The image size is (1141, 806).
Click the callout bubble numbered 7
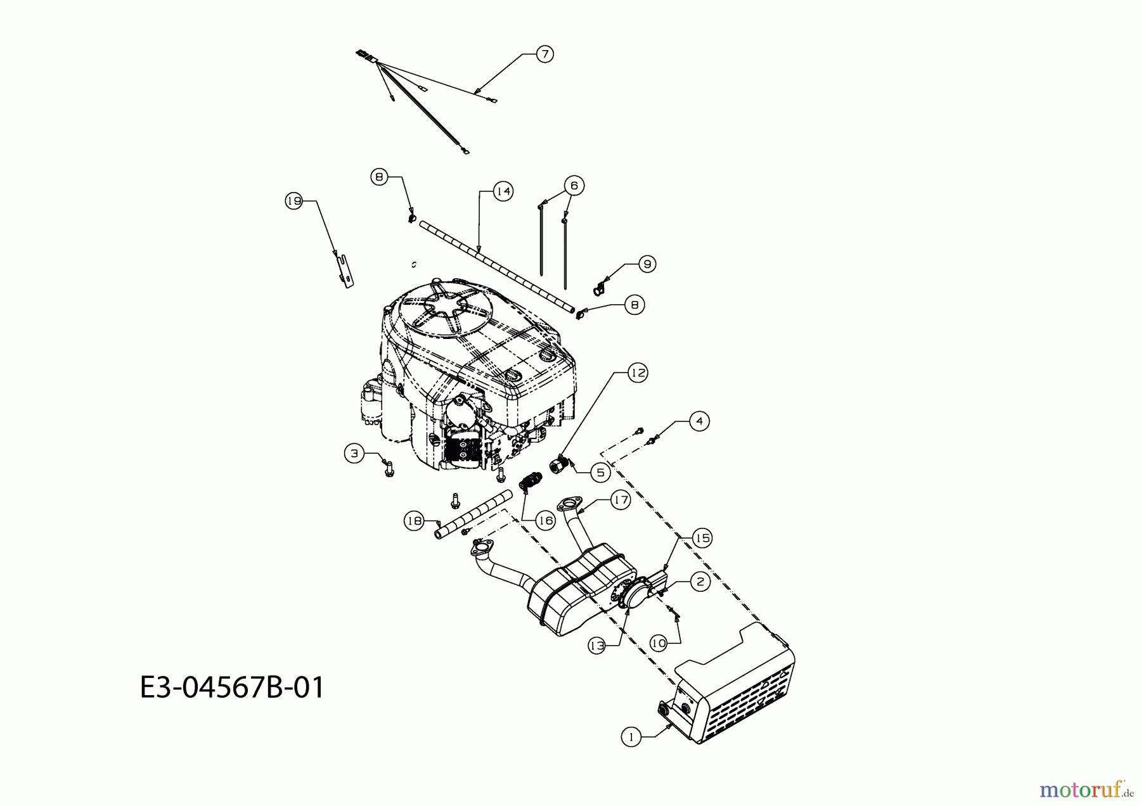[x=545, y=54]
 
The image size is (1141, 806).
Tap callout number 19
[x=293, y=201]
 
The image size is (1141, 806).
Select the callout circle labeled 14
[x=503, y=191]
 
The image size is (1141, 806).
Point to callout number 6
[x=574, y=185]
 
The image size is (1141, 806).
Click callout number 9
[x=647, y=264]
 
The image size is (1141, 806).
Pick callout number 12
[x=638, y=373]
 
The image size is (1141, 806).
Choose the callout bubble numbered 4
[x=699, y=421]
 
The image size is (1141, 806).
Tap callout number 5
[x=600, y=472]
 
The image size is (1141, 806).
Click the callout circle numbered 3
[x=354, y=453]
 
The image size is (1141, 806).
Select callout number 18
[x=414, y=521]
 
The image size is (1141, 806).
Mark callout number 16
[x=545, y=520]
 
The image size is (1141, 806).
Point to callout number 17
[x=621, y=500]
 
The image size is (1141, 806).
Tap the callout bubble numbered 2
[x=700, y=582]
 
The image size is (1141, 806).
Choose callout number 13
[x=596, y=646]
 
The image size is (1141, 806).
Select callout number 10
[x=659, y=643]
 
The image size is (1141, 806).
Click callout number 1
[x=631, y=737]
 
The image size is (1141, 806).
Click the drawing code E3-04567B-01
[x=232, y=687]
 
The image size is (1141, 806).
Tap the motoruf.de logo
[x=1086, y=790]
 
